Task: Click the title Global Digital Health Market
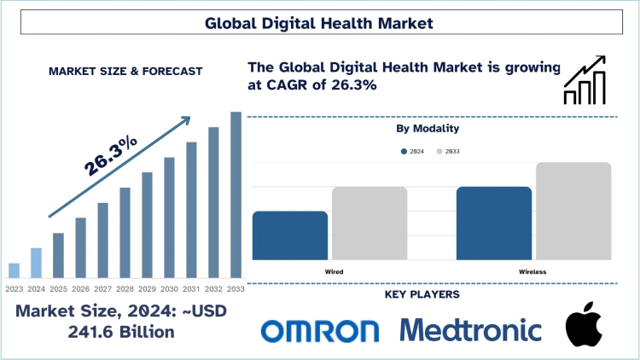click(x=319, y=23)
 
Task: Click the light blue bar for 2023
click(x=14, y=270)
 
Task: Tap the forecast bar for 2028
click(x=125, y=232)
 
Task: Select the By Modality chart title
click(x=428, y=129)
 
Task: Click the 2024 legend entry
click(x=414, y=151)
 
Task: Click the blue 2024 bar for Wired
click(x=290, y=235)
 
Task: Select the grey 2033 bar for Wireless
click(x=573, y=211)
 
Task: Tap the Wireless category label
click(x=532, y=271)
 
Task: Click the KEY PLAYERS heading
click(x=424, y=294)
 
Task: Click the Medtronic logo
click(x=470, y=330)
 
